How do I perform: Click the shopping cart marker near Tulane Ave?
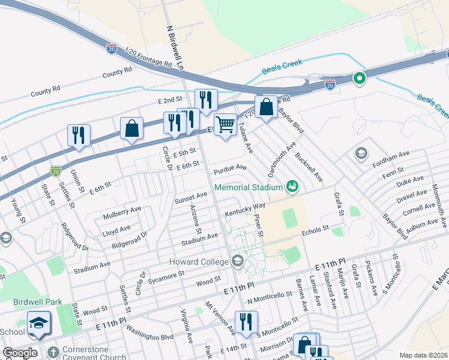[225, 125]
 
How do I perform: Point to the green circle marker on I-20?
[360, 78]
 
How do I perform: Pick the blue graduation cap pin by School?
[40, 323]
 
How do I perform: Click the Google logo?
[20, 353]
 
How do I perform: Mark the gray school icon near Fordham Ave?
[361, 153]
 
